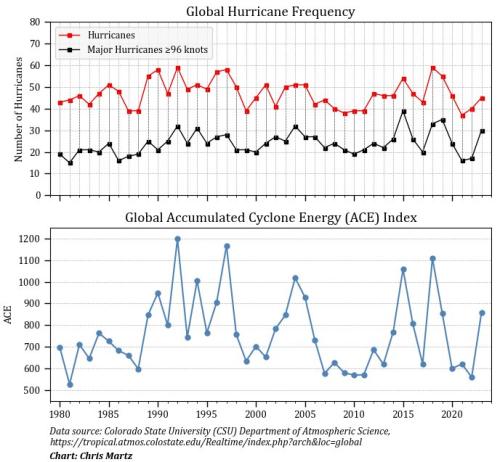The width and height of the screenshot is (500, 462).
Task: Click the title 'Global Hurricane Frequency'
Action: click(x=270, y=11)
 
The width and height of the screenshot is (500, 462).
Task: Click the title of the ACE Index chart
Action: click(x=270, y=217)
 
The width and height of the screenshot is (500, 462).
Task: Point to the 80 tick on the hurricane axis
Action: click(x=35, y=21)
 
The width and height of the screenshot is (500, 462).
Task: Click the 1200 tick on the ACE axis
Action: click(x=29, y=239)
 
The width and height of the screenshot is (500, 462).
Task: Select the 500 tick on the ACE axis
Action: click(x=32, y=390)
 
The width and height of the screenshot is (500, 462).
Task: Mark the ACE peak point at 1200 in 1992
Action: click(x=178, y=239)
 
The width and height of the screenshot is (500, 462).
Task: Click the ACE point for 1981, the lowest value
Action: click(x=70, y=384)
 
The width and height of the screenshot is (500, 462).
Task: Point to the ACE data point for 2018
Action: click(x=433, y=258)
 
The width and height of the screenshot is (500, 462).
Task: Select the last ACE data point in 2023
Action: click(x=482, y=312)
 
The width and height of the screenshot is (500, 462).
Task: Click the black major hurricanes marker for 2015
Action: click(x=403, y=111)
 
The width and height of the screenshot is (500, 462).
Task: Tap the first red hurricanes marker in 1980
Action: click(x=60, y=102)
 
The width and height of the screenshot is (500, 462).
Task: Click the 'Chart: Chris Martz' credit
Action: click(x=90, y=454)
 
